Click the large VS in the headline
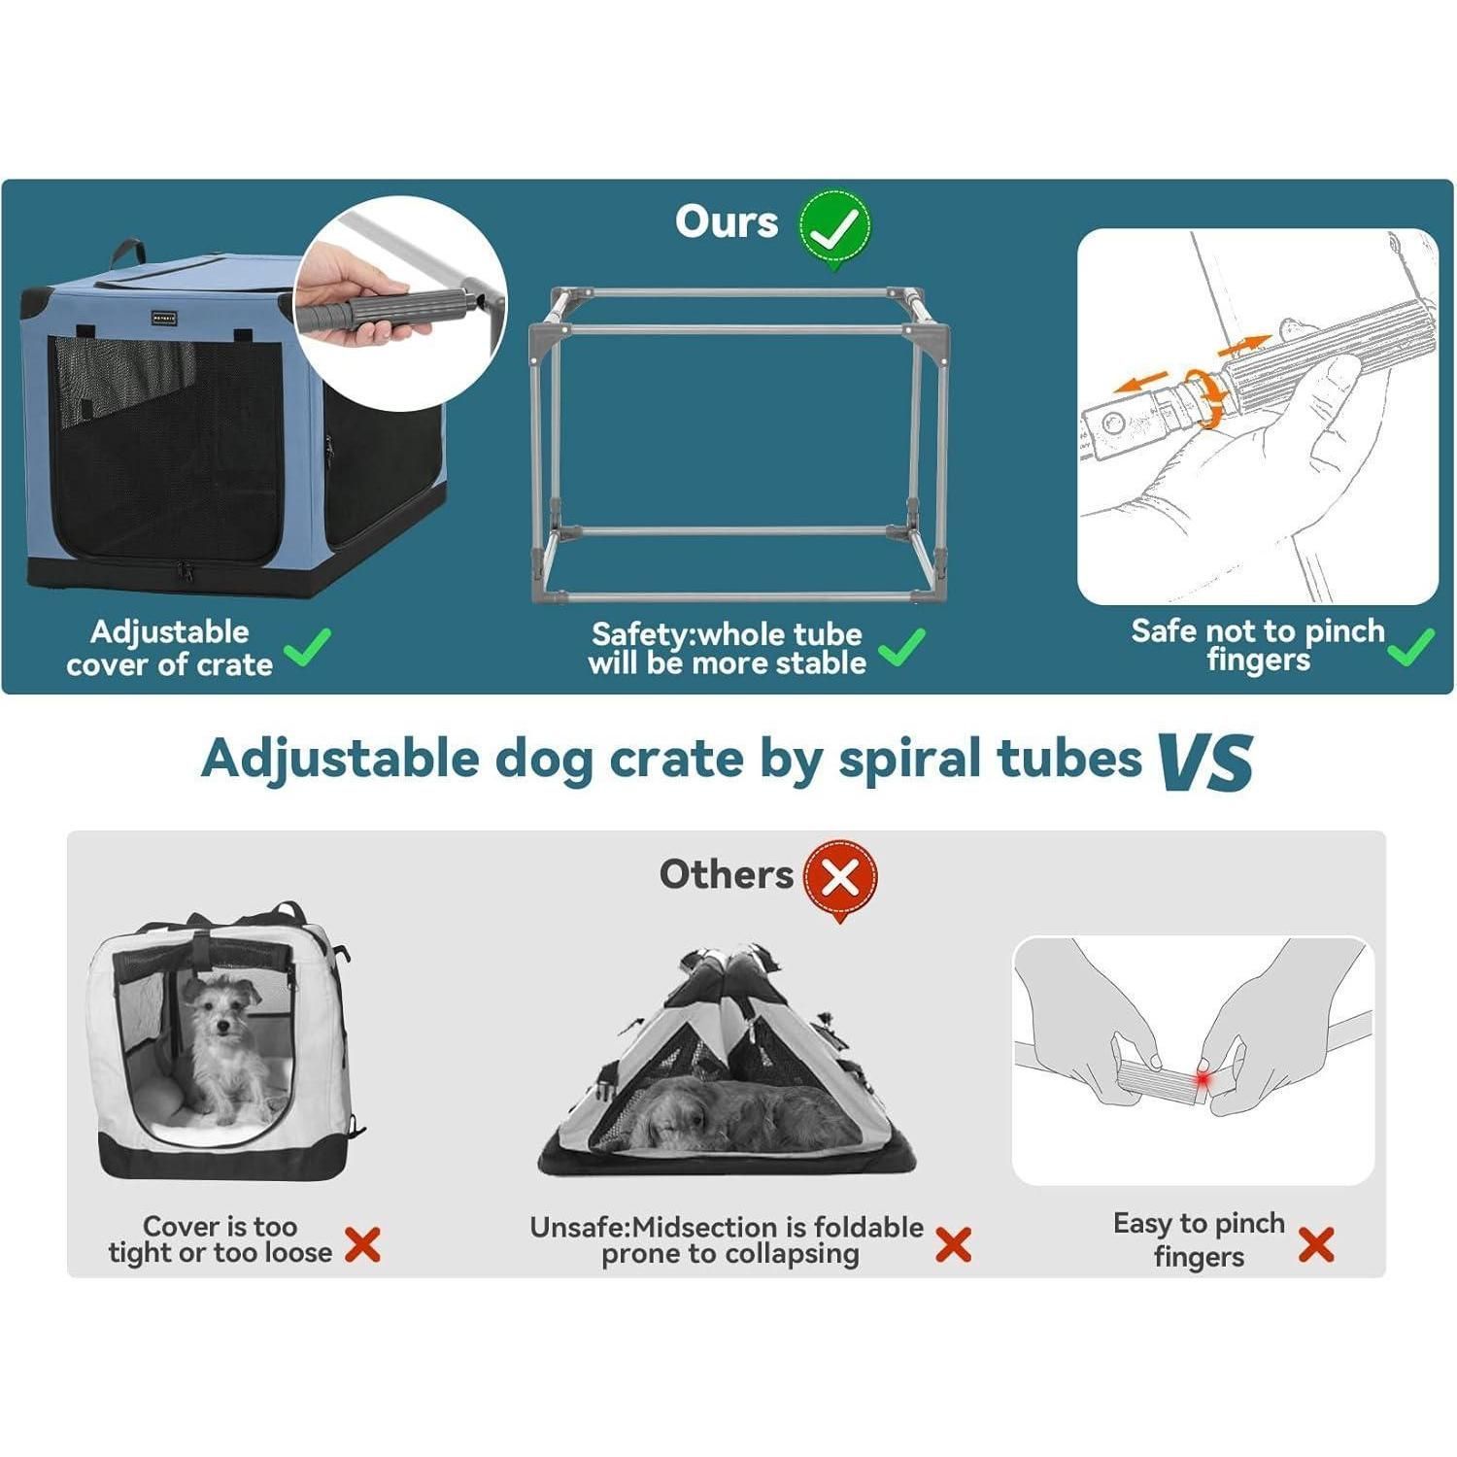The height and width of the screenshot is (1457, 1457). point(1205,761)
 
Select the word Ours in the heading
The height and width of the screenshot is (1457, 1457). point(727,221)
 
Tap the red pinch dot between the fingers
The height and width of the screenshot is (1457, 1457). point(1203,1080)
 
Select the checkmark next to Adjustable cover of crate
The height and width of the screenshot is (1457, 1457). point(307,647)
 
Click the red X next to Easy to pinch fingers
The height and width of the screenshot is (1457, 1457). point(1316,1244)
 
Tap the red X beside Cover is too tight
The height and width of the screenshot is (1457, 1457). point(362,1244)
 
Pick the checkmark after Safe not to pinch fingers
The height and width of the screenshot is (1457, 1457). point(1411,646)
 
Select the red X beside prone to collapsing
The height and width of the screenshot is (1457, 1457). point(953,1244)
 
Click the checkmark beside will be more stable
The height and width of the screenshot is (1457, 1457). point(901,647)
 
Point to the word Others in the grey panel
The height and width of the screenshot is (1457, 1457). point(727,875)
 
